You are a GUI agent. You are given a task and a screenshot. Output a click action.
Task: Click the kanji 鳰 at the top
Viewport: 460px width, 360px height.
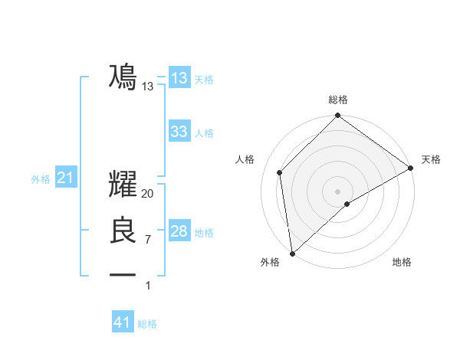coord(123,77)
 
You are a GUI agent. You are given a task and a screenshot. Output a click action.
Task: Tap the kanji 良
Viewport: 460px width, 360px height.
coord(123,231)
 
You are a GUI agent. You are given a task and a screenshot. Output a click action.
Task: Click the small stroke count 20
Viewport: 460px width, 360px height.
coord(148,194)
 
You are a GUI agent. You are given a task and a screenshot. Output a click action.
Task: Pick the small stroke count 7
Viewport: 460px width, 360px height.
coord(148,240)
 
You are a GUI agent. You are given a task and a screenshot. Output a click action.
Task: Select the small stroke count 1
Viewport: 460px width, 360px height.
coord(148,286)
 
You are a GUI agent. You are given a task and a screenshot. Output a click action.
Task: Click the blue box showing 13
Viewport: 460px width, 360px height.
coord(179,78)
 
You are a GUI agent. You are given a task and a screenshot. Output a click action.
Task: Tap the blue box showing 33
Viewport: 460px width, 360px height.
coord(179,132)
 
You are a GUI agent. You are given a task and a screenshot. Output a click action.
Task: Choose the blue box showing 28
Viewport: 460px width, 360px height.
coord(179,231)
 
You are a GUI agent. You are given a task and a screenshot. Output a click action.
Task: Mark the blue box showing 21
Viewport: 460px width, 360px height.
coord(65,178)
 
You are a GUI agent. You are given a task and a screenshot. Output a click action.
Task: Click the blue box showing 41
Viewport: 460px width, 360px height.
coord(123,322)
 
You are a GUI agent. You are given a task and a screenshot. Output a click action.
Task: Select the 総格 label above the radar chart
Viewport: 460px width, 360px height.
coord(338,100)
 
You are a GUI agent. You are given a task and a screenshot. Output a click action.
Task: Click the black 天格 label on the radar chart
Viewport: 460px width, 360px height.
coord(431,159)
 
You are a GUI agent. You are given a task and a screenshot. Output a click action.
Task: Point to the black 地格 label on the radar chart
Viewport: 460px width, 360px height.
coord(402,262)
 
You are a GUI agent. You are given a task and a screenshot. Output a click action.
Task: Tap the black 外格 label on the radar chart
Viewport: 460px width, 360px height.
coord(270,262)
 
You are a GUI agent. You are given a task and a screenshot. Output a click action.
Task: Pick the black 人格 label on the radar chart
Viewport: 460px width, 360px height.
coord(245,159)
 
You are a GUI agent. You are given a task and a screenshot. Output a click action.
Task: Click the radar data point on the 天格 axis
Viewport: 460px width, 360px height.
coord(411,168)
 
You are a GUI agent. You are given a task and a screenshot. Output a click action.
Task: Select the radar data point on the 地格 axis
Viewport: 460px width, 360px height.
coord(347,204)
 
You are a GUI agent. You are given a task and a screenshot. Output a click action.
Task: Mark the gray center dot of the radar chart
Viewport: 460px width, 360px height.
coord(337,191)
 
